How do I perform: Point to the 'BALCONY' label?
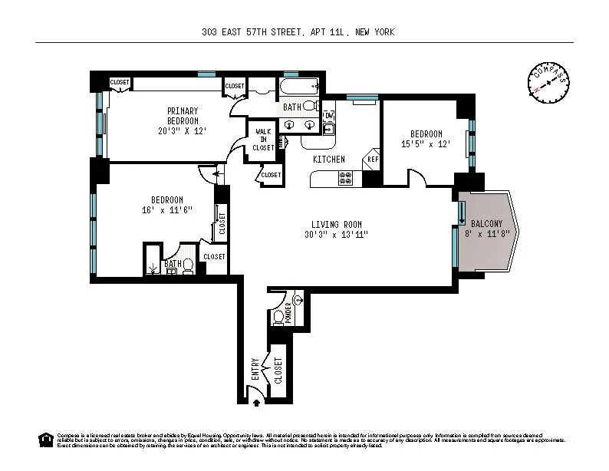[487, 223]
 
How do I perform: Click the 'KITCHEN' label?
[328, 160]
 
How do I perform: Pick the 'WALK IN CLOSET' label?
[263, 140]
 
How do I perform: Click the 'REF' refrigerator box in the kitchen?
[373, 160]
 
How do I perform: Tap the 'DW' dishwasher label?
[328, 115]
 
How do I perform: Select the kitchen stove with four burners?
[345, 179]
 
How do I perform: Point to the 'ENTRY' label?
[255, 370]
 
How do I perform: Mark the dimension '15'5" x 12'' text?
[420, 143]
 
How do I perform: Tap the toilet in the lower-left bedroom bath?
[187, 265]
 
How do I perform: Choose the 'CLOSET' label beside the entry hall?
[278, 370]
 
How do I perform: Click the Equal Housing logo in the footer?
[45, 440]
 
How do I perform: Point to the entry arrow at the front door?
[256, 399]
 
